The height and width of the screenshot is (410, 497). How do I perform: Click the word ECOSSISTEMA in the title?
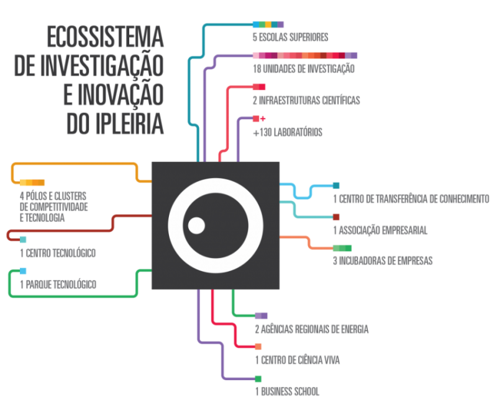105,38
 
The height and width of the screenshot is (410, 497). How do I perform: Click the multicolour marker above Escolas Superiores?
268,25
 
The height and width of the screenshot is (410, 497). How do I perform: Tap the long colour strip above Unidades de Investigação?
304,56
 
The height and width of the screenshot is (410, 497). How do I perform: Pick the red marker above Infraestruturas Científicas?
258,87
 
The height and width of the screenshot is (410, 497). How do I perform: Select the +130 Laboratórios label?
287,133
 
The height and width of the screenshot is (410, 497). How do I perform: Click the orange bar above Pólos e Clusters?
32,182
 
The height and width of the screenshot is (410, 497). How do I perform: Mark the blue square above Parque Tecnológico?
23,271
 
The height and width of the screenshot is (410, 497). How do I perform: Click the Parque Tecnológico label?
58,285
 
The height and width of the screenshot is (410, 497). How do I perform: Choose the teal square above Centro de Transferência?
336,185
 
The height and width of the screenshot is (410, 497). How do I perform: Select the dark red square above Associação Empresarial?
336,216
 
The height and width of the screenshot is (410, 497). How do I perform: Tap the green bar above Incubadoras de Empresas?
342,248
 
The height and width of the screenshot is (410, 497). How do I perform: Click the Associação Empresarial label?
380,231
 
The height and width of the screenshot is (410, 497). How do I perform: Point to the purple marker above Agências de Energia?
262,316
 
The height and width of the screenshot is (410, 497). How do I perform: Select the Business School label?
287,392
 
